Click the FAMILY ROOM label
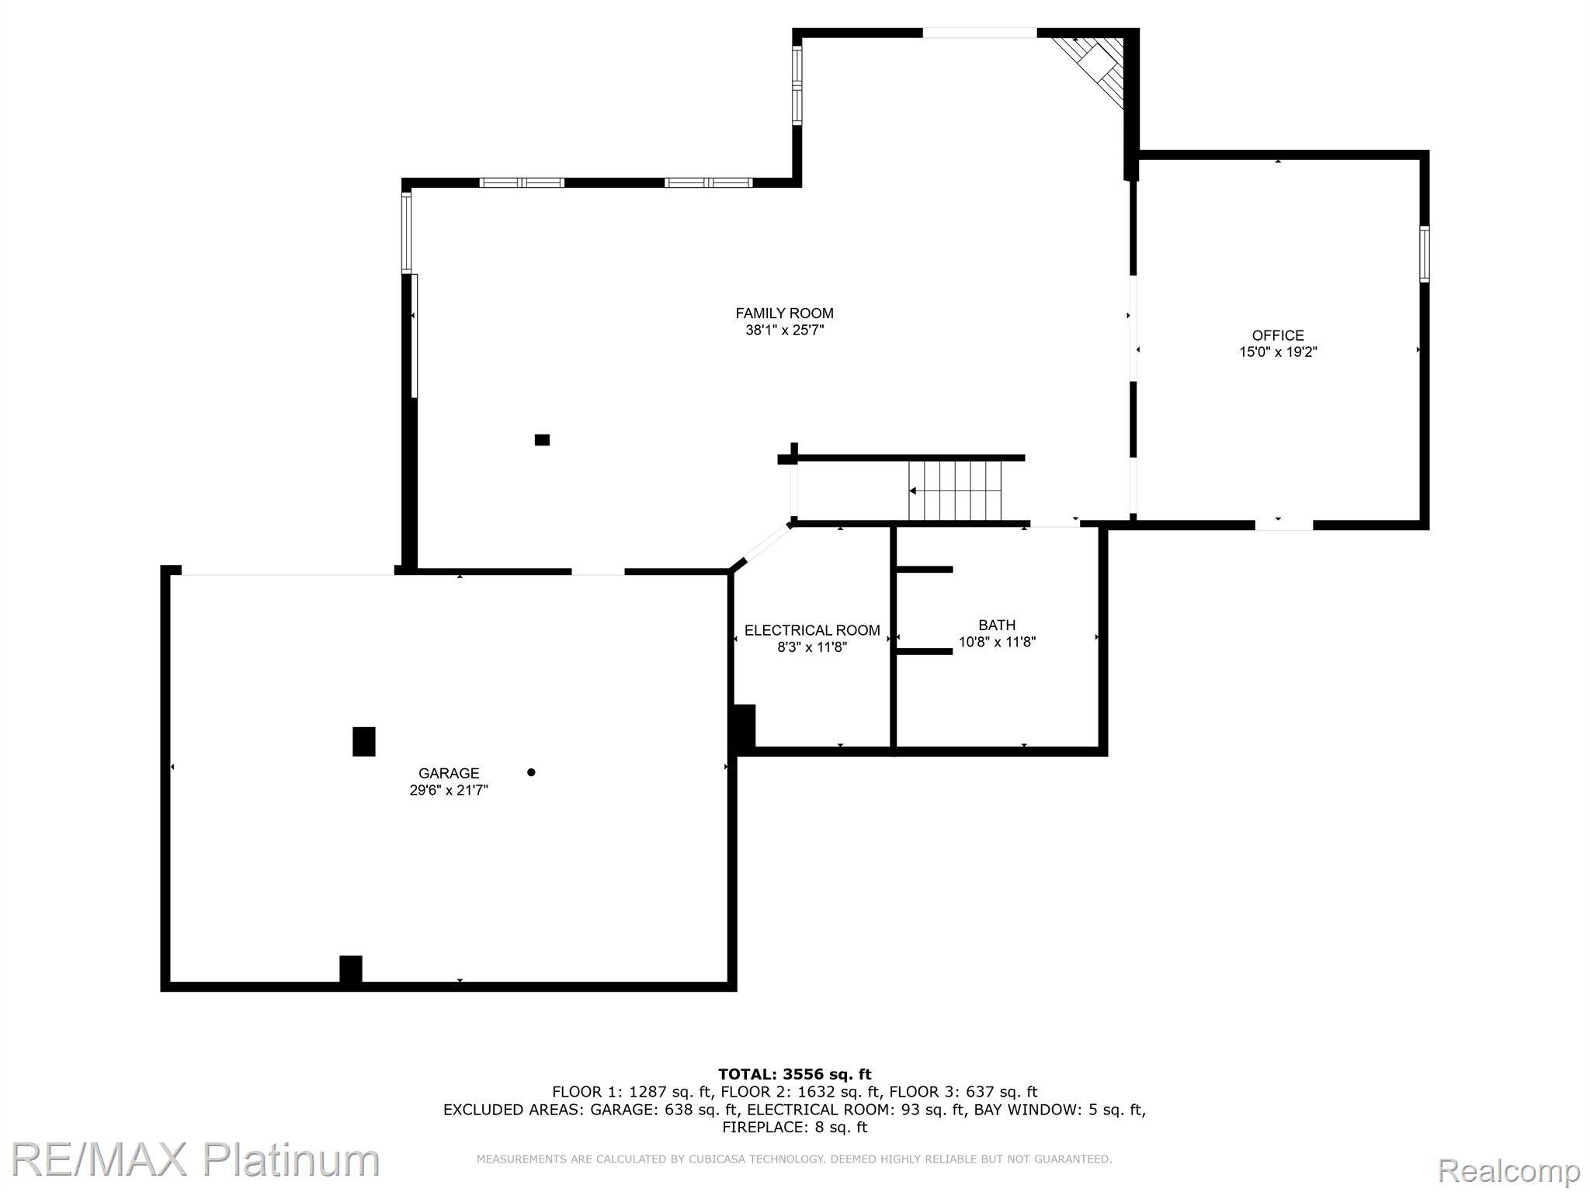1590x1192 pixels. [x=784, y=314]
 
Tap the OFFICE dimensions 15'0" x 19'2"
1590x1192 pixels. [x=1278, y=352]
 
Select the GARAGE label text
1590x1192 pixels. [x=449, y=774]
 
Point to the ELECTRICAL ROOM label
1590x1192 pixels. [x=812, y=631]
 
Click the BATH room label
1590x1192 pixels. [x=997, y=625]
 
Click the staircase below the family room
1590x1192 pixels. [x=956, y=490]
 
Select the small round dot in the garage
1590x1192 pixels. [x=531, y=772]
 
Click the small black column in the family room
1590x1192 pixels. [x=542, y=440]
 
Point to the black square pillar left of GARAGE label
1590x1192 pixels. [x=364, y=741]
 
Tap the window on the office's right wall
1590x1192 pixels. [x=1425, y=254]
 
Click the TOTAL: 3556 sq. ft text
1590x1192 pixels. [x=794, y=1075]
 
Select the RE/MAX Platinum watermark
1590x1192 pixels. [x=194, y=1160]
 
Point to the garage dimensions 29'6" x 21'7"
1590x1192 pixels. [x=449, y=791]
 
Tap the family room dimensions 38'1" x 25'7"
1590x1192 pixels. [x=784, y=331]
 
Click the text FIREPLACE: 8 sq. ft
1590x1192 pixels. [x=794, y=1128]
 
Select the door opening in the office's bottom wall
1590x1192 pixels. [x=1283, y=525]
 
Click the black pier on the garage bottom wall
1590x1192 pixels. [x=351, y=970]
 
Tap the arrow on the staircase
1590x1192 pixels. [x=914, y=490]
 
